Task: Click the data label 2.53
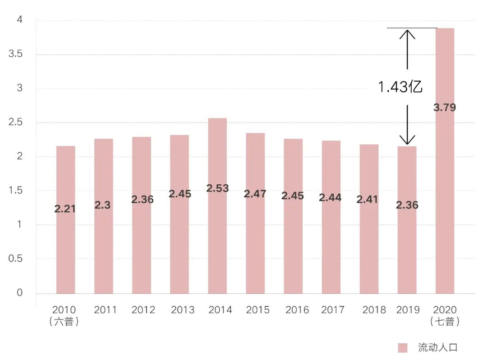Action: [x=217, y=188]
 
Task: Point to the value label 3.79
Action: [x=445, y=108]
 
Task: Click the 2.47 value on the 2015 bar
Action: [x=255, y=194]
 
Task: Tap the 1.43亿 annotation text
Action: [x=400, y=87]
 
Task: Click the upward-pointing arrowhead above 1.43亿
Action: [x=407, y=33]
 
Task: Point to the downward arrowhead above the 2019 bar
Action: [x=407, y=141]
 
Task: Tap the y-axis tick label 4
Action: [x=19, y=20]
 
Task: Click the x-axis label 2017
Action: [x=333, y=310]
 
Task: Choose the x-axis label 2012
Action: [x=143, y=310]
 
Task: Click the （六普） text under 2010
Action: [x=64, y=322]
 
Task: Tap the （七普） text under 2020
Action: [x=445, y=322]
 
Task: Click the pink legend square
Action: [x=403, y=348]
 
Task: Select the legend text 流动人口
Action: [x=437, y=348]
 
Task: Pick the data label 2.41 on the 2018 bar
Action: [x=368, y=200]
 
